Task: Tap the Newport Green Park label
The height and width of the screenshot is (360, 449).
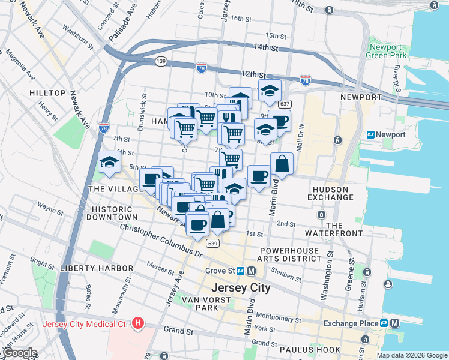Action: point(386,51)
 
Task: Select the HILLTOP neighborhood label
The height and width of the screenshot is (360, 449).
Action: point(47,93)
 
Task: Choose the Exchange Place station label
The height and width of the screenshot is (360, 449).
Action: point(350,323)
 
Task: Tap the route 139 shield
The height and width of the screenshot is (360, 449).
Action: point(160,61)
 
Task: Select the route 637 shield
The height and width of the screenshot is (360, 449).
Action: point(285,104)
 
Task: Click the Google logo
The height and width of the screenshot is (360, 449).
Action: point(19,353)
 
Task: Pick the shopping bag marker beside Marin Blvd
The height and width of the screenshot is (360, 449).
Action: point(282,164)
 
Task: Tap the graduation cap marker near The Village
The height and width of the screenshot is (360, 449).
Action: point(109,162)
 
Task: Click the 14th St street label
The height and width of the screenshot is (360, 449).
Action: point(267,47)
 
